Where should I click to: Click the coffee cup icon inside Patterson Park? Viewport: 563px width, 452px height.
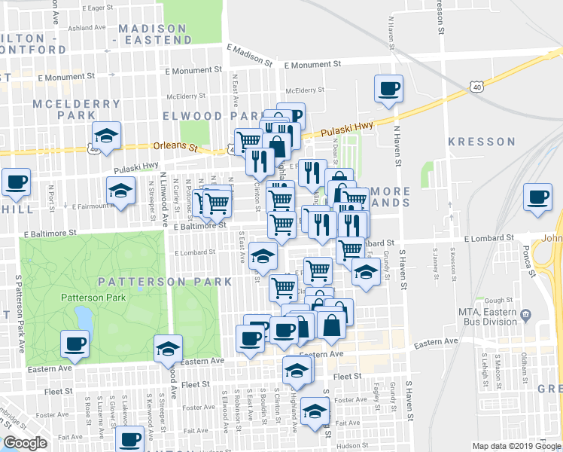tap(75, 344)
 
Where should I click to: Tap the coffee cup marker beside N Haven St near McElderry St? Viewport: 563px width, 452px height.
tap(389, 90)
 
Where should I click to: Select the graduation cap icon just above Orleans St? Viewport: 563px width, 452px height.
tap(106, 136)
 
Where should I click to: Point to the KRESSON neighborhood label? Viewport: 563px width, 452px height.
tap(482, 141)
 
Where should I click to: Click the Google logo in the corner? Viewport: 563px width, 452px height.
tap(25, 443)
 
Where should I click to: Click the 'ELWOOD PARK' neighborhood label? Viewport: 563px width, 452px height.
tap(204, 116)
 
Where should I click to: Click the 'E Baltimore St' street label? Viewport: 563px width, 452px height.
tap(200, 224)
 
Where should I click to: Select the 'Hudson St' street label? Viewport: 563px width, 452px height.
tap(350, 445)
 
